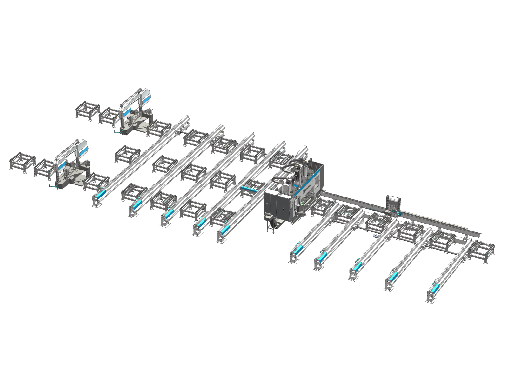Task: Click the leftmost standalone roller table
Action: (x=22, y=162)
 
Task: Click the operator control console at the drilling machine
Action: (x=300, y=208)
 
